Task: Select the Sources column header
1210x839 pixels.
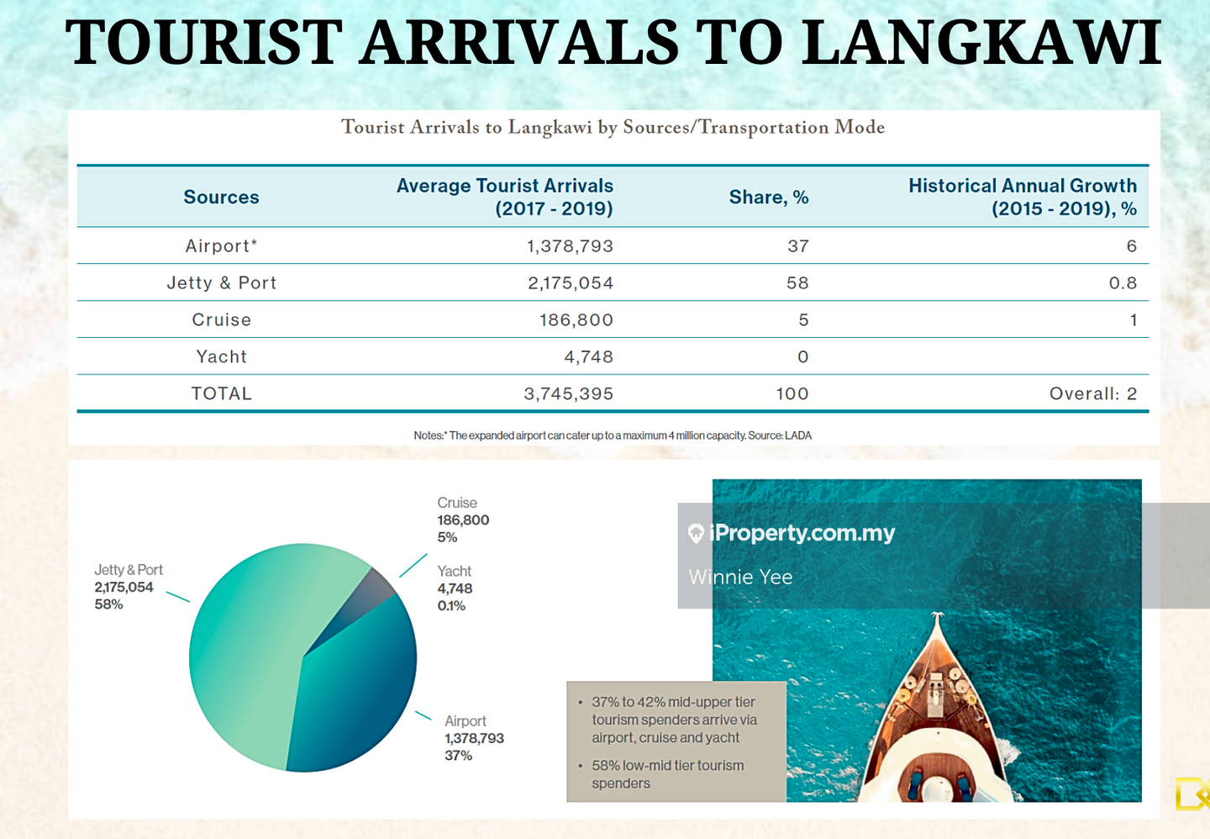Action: click(x=221, y=197)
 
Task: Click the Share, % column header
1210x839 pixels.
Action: click(x=768, y=197)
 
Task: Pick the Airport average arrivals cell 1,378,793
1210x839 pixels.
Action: click(x=570, y=246)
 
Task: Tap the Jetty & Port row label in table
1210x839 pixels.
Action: click(x=221, y=283)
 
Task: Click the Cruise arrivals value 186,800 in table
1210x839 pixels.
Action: click(x=576, y=320)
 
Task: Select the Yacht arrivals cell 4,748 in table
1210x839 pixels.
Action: click(x=588, y=357)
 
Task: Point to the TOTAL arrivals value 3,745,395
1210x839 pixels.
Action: click(x=568, y=394)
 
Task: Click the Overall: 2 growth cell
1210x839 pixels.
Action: click(x=1092, y=394)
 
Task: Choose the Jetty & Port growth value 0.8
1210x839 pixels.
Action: click(x=1123, y=283)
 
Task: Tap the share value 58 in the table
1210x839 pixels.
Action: click(x=797, y=283)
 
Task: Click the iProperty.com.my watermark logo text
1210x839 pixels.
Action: click(x=802, y=533)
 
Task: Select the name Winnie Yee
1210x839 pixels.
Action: click(x=740, y=577)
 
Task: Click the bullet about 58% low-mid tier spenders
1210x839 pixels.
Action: click(x=667, y=774)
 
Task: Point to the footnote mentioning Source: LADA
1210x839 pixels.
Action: click(x=612, y=435)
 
